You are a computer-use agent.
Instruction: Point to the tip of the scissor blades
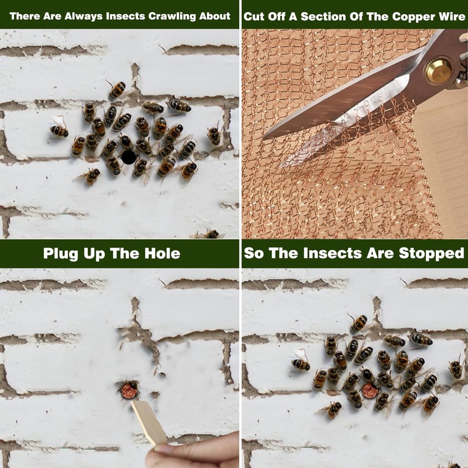266,137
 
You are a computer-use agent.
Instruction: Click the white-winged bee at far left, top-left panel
59,129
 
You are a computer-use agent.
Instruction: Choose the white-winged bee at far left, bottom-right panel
300,363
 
